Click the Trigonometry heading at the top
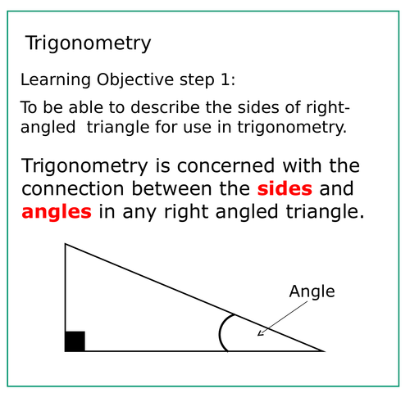click(88, 43)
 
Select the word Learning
click(56, 79)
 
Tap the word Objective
click(135, 79)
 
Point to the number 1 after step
click(225, 79)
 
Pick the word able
click(85, 107)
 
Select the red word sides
click(285, 188)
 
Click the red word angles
click(57, 212)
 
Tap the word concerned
click(225, 166)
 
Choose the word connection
click(73, 189)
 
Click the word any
click(139, 213)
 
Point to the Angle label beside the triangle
click(312, 291)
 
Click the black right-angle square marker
click(75, 341)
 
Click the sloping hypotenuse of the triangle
click(195, 297)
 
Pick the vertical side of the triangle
click(65, 297)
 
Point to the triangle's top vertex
click(65, 244)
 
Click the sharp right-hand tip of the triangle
click(325, 351)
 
